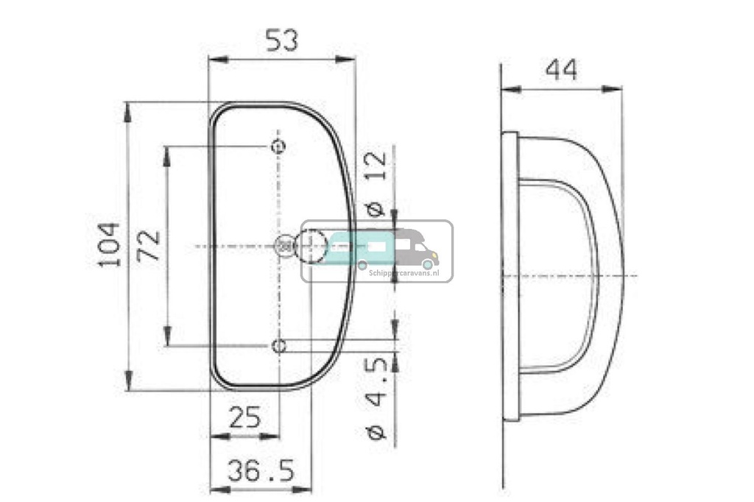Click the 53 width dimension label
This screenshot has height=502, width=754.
point(281,41)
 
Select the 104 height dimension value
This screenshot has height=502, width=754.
point(109,245)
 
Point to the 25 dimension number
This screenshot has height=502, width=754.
point(244,417)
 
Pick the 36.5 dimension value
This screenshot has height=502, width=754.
point(260,471)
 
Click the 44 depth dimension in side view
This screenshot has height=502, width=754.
point(561,71)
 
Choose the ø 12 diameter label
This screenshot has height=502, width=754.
point(375,183)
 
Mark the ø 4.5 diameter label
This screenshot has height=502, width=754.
point(376,398)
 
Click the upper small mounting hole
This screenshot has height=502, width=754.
point(278,146)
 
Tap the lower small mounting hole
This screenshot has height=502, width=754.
point(278,346)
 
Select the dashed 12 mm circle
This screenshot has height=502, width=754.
point(311,246)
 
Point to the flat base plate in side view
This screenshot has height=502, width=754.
point(510,276)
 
